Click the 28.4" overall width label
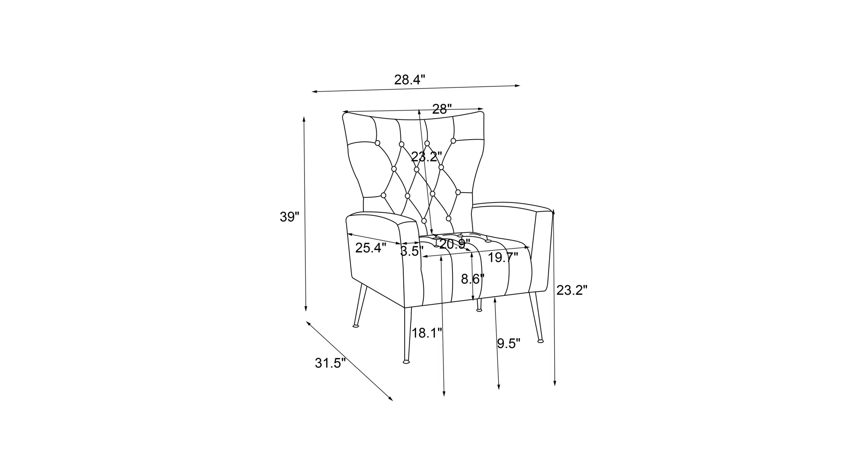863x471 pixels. tap(409, 80)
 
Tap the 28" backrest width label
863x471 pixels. tap(442, 110)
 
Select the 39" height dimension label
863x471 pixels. tap(290, 218)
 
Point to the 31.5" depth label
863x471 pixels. tap(330, 364)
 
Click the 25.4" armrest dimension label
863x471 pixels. tap(370, 248)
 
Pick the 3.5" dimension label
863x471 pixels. tap(411, 251)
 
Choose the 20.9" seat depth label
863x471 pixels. tap(454, 244)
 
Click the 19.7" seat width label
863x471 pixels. tap(503, 258)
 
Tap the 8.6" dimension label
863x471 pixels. tap(473, 280)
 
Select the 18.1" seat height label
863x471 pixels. tap(426, 333)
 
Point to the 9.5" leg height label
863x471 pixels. tap(508, 343)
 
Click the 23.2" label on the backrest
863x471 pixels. tap(426, 157)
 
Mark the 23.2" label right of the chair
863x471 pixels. tap(572, 291)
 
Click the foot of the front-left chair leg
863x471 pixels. tap(406, 362)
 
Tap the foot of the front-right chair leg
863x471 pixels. tap(541, 341)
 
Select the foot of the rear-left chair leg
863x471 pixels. tap(355, 326)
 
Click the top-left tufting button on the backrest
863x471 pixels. tap(378, 143)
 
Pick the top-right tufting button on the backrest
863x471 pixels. tap(453, 140)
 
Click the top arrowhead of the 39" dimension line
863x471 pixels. tap(304, 118)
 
